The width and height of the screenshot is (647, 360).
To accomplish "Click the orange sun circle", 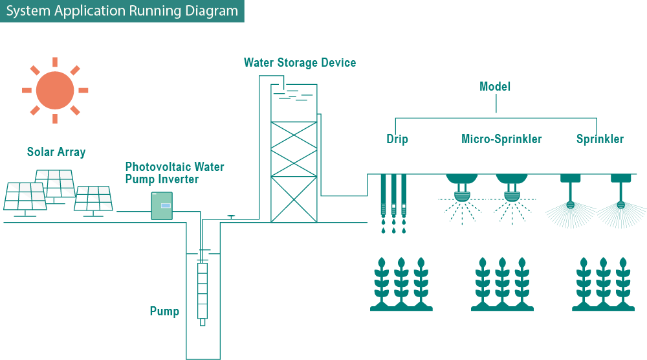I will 55,90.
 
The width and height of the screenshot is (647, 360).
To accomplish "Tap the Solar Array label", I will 56,153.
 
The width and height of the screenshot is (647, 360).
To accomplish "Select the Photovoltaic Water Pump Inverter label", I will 175,173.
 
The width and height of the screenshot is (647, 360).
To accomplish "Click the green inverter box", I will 162,205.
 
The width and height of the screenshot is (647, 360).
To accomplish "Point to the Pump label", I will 164,311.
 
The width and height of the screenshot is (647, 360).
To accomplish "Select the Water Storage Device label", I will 300,63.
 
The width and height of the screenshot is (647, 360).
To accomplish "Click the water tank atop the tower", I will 292,97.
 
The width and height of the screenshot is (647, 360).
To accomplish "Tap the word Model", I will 495,87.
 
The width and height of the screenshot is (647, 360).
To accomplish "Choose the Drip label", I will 397,139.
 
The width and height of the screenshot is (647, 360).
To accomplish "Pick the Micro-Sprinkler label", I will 501,139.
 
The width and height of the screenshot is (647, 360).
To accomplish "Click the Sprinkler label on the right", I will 600,139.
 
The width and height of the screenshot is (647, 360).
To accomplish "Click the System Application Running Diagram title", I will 122,12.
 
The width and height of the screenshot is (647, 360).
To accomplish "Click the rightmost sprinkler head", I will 621,194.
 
